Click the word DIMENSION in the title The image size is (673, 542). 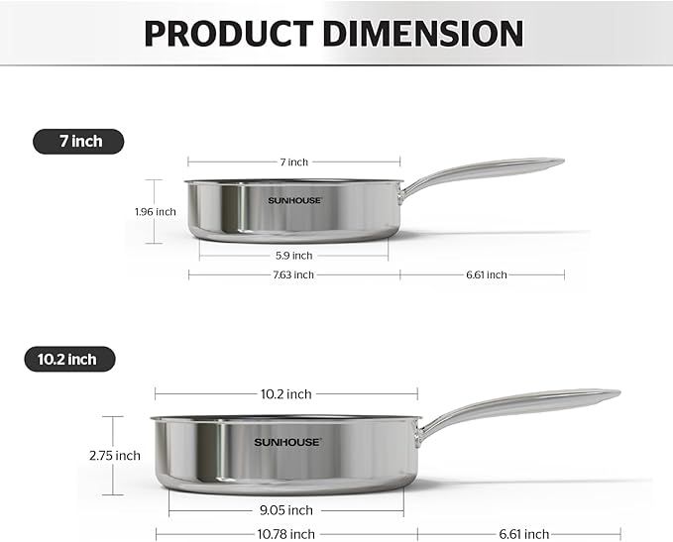click(431, 33)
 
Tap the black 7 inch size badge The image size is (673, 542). click(81, 142)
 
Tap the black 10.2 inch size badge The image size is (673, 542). click(68, 359)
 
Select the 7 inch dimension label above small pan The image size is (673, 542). click(293, 162)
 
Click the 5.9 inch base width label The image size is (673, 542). click(293, 255)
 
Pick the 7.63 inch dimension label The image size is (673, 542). click(293, 274)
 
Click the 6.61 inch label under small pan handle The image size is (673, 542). click(486, 274)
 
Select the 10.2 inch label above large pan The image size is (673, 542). click(285, 393)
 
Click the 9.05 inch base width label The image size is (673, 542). click(285, 510)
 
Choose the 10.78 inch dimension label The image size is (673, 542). click(285, 534)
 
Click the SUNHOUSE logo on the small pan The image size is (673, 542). click(294, 200)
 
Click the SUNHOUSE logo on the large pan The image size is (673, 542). click(286, 442)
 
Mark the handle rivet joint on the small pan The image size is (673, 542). click(404, 191)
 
